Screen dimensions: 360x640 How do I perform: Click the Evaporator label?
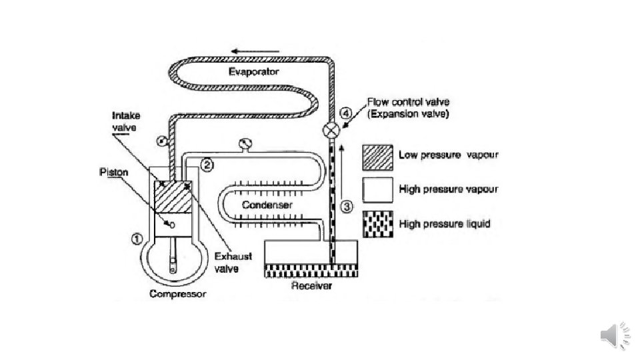click(x=253, y=71)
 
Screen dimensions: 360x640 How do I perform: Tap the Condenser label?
click(x=267, y=205)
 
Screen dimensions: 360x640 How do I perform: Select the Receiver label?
click(x=311, y=287)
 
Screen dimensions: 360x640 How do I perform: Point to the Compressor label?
click(x=178, y=294)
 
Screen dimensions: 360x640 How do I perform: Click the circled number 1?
click(x=136, y=237)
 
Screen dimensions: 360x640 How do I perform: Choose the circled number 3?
click(x=345, y=206)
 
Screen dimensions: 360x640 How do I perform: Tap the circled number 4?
click(x=346, y=113)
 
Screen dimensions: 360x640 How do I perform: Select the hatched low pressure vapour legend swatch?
click(x=376, y=156)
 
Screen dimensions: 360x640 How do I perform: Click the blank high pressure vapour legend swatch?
click(x=376, y=189)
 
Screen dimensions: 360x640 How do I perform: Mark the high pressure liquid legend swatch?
click(x=376, y=223)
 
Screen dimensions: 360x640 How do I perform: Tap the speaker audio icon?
click(x=615, y=335)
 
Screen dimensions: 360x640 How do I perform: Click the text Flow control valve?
click(x=408, y=102)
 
